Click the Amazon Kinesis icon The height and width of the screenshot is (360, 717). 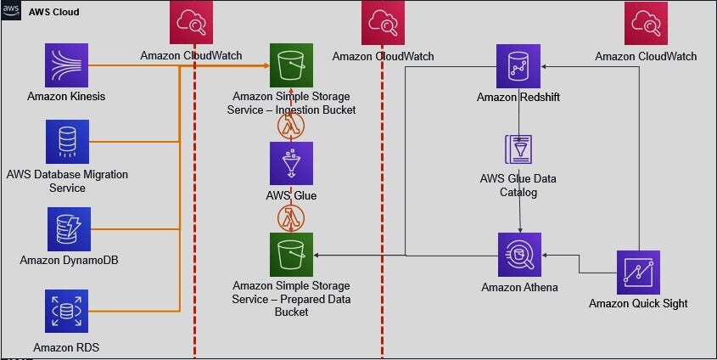tap(66, 65)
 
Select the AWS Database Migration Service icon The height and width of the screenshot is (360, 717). tap(67, 142)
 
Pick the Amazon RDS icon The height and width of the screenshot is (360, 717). tap(66, 312)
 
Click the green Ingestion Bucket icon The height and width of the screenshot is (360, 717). tap(291, 65)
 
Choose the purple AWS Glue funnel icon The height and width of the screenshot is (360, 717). tap(291, 163)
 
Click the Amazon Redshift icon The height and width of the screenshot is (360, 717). tap(518, 65)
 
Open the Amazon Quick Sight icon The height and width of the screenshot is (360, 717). tap(639, 272)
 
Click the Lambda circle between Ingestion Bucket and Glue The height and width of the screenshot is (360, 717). tap(291, 125)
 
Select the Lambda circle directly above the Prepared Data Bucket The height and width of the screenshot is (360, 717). tap(291, 217)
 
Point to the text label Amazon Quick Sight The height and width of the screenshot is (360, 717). tap(638, 303)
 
